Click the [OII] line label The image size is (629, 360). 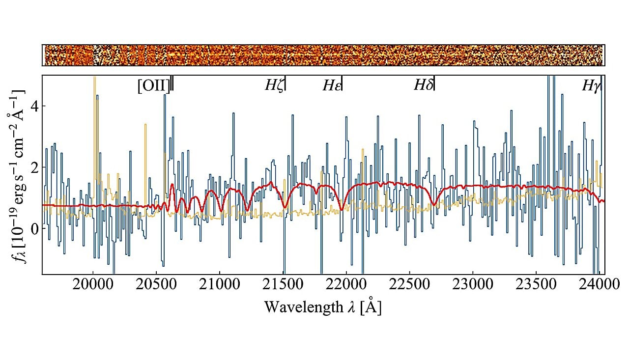point(154,86)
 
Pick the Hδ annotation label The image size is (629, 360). point(423,85)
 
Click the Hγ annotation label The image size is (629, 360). point(591,86)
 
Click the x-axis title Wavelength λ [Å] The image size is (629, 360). point(323,307)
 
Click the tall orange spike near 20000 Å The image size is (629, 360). point(95,98)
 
